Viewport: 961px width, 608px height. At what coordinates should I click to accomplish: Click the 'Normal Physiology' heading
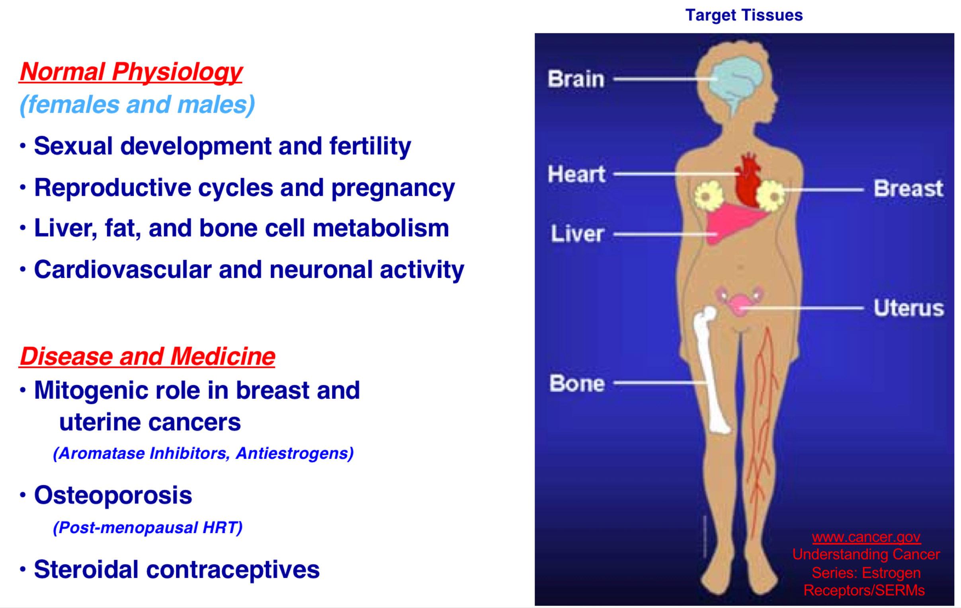tap(131, 72)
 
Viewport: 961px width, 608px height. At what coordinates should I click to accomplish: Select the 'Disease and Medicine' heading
tap(147, 356)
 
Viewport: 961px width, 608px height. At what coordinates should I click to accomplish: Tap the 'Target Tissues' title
tap(744, 15)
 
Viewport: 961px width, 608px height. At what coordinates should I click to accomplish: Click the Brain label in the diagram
tap(576, 79)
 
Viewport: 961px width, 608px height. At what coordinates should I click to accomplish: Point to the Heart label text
tap(577, 174)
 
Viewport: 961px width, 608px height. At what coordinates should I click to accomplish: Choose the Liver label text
tap(577, 234)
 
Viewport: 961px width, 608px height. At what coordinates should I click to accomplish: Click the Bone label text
tap(577, 384)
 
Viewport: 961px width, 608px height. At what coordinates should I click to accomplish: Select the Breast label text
tap(909, 188)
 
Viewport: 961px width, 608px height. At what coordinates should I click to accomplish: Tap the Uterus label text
tap(909, 308)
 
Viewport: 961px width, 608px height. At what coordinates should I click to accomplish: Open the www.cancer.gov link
tap(866, 538)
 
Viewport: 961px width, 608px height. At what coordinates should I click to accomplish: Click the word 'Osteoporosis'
tap(113, 495)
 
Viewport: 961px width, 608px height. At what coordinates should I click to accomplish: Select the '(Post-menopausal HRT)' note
tap(148, 527)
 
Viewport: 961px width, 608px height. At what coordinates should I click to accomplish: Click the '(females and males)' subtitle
tap(137, 105)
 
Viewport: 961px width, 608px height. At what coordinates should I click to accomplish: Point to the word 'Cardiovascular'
tap(123, 269)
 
